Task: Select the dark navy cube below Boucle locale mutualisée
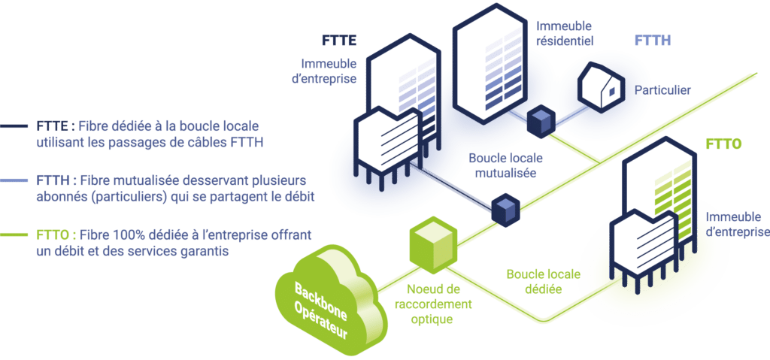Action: point(505,209)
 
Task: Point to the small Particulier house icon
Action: point(601,85)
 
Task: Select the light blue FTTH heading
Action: point(653,41)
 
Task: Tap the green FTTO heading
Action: point(723,144)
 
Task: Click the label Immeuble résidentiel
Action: point(565,33)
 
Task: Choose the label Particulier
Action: point(662,90)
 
